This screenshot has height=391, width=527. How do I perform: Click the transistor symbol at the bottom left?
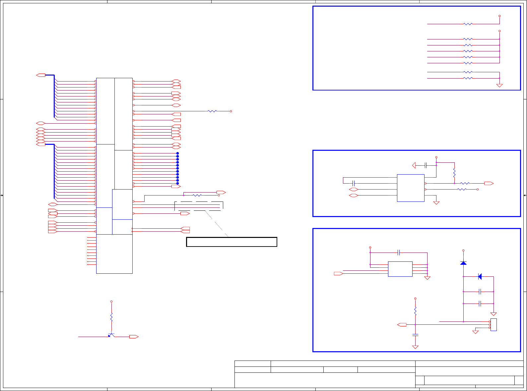111,335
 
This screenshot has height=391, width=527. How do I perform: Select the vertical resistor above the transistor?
111,317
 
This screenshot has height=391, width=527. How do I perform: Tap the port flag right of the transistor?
134,337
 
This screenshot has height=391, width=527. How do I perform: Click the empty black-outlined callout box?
231,242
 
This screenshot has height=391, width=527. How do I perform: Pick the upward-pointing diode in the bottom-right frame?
463,263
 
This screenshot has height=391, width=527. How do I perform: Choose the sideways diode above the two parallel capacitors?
480,276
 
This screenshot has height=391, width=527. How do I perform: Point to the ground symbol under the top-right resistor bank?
499,85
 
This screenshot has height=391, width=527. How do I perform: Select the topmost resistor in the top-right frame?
468,24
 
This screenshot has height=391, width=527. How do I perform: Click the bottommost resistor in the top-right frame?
468,78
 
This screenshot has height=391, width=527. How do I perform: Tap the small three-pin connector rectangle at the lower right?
494,325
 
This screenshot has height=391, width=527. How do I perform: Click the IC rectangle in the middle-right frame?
411,188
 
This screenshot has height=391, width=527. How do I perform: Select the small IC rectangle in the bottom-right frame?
400,269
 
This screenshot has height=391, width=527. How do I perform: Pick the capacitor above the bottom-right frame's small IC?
399,253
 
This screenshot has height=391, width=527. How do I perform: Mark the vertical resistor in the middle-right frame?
454,173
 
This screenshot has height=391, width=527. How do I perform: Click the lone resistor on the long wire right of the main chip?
212,111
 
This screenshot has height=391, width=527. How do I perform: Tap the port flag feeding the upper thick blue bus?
40,75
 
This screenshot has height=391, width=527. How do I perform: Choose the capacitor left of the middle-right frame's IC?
354,183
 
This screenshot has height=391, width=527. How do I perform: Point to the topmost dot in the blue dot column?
177,153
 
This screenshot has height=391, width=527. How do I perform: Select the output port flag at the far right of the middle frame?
489,183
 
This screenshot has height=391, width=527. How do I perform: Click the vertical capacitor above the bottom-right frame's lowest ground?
415,335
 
